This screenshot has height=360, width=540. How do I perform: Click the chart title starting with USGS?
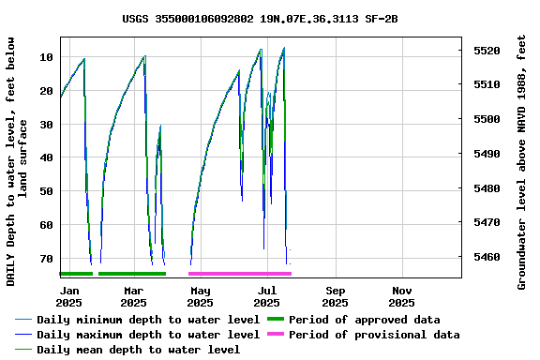[260, 19]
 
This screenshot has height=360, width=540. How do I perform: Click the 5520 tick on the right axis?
[486, 51]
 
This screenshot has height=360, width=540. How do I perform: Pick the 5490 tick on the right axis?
[486, 154]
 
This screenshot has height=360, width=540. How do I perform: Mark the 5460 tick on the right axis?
[486, 257]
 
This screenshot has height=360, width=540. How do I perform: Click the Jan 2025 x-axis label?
[68, 296]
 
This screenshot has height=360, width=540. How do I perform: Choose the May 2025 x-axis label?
[200, 296]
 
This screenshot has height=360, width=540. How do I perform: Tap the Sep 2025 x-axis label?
[335, 296]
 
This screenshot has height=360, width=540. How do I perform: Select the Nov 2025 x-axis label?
[401, 296]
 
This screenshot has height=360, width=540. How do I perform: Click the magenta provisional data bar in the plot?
[240, 274]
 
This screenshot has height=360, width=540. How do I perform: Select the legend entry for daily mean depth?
[138, 350]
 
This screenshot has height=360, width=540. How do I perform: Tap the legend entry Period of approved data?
[364, 320]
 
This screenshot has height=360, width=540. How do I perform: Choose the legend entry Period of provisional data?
[373, 335]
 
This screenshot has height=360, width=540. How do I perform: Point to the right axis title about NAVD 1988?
[522, 161]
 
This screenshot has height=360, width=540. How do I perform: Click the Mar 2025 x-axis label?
[133, 296]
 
